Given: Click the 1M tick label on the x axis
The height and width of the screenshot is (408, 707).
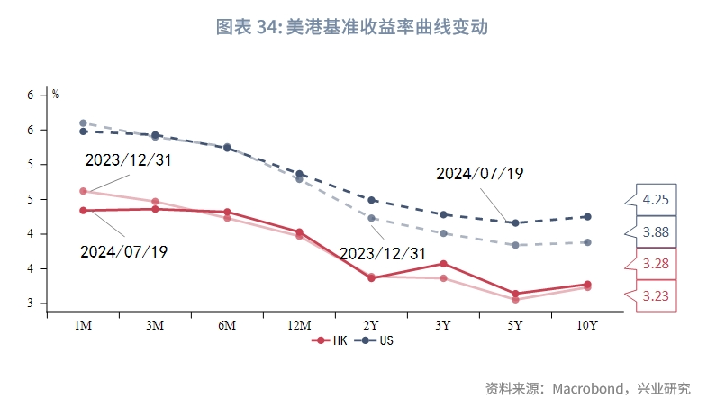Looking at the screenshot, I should (83, 324).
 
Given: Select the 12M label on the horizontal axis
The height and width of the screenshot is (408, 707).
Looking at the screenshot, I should (299, 324).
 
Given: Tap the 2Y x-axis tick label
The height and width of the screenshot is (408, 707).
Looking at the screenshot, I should (371, 324).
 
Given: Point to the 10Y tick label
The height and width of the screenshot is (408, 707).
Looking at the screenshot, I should (586, 324).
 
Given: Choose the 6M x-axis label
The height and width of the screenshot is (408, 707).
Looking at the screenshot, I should (227, 324).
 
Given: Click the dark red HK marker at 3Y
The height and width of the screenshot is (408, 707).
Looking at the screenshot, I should (443, 263).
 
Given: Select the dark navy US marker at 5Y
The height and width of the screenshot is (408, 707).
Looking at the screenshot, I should (515, 222).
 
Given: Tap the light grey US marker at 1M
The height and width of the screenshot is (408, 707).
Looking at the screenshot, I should (83, 122).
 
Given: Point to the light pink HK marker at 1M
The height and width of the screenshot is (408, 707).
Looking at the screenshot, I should (83, 191).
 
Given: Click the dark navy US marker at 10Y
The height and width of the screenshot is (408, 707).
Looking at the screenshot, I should (587, 216).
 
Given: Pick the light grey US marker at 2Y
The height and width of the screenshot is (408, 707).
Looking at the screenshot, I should (371, 217).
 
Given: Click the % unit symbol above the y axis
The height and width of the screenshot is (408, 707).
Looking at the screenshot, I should (55, 93).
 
